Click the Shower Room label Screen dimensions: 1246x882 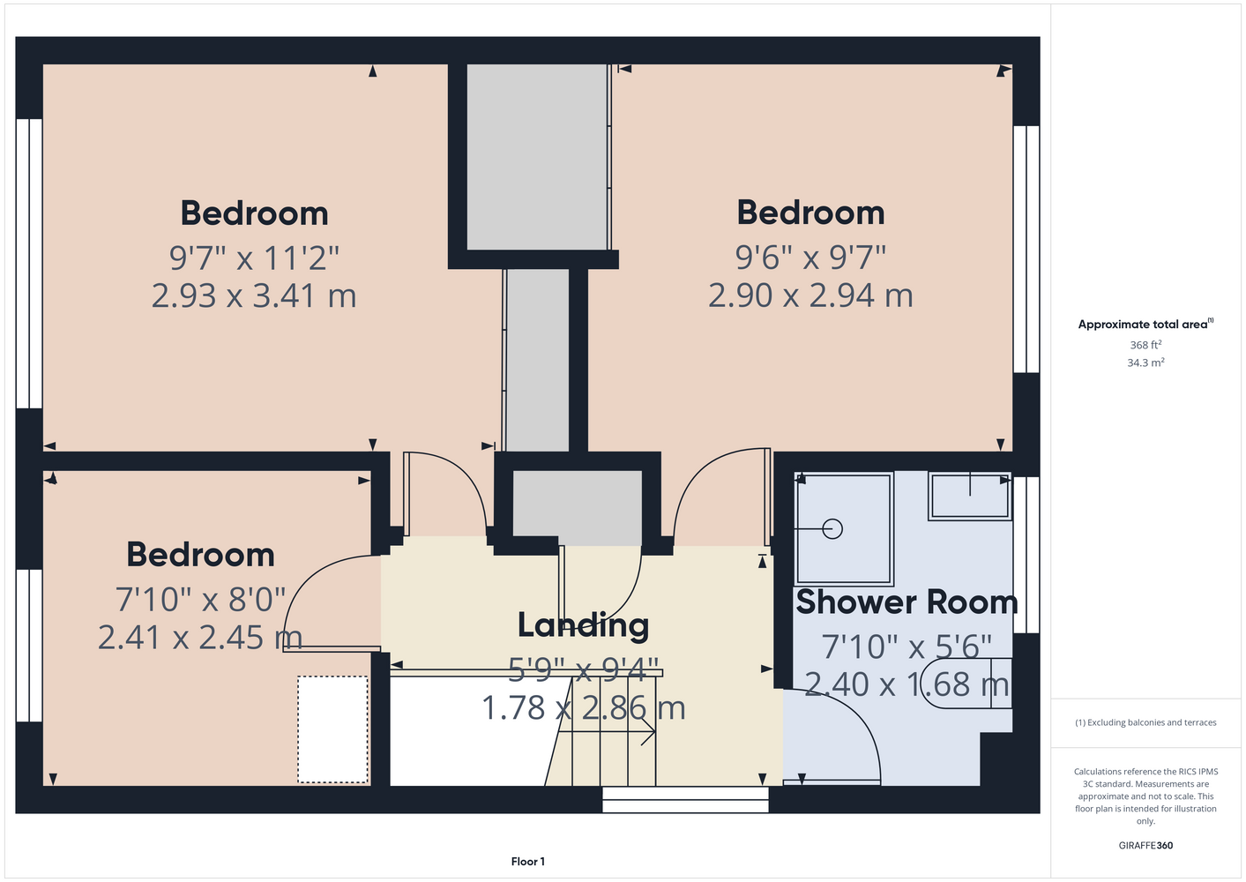(x=907, y=602)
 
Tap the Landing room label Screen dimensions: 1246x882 (x=583, y=625)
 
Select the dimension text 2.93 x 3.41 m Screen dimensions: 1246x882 (x=254, y=295)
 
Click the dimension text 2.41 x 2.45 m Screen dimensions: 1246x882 (x=200, y=638)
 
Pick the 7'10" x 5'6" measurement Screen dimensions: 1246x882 (x=907, y=647)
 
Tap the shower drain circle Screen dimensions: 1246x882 (x=832, y=528)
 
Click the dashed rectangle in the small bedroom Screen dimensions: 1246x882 (x=332, y=729)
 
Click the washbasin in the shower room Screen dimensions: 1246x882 (x=969, y=497)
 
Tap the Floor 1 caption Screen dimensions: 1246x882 (x=528, y=862)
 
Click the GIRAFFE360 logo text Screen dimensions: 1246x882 (x=1145, y=845)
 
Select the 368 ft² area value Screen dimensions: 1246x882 (x=1145, y=345)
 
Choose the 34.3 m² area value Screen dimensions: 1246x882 (x=1145, y=363)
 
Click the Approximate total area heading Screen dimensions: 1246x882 (x=1145, y=324)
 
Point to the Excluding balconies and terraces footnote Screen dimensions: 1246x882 (x=1145, y=722)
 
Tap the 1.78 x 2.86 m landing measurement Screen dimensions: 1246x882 (x=583, y=708)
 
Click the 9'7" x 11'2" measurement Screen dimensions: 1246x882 (x=254, y=258)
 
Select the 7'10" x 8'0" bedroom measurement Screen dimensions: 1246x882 (x=200, y=600)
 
